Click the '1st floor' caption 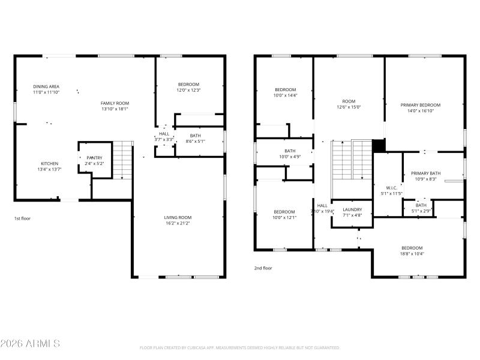pos(22,218)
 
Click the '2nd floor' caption pos(263,268)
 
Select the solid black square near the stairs pos(379,146)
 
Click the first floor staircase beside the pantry pos(122,160)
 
